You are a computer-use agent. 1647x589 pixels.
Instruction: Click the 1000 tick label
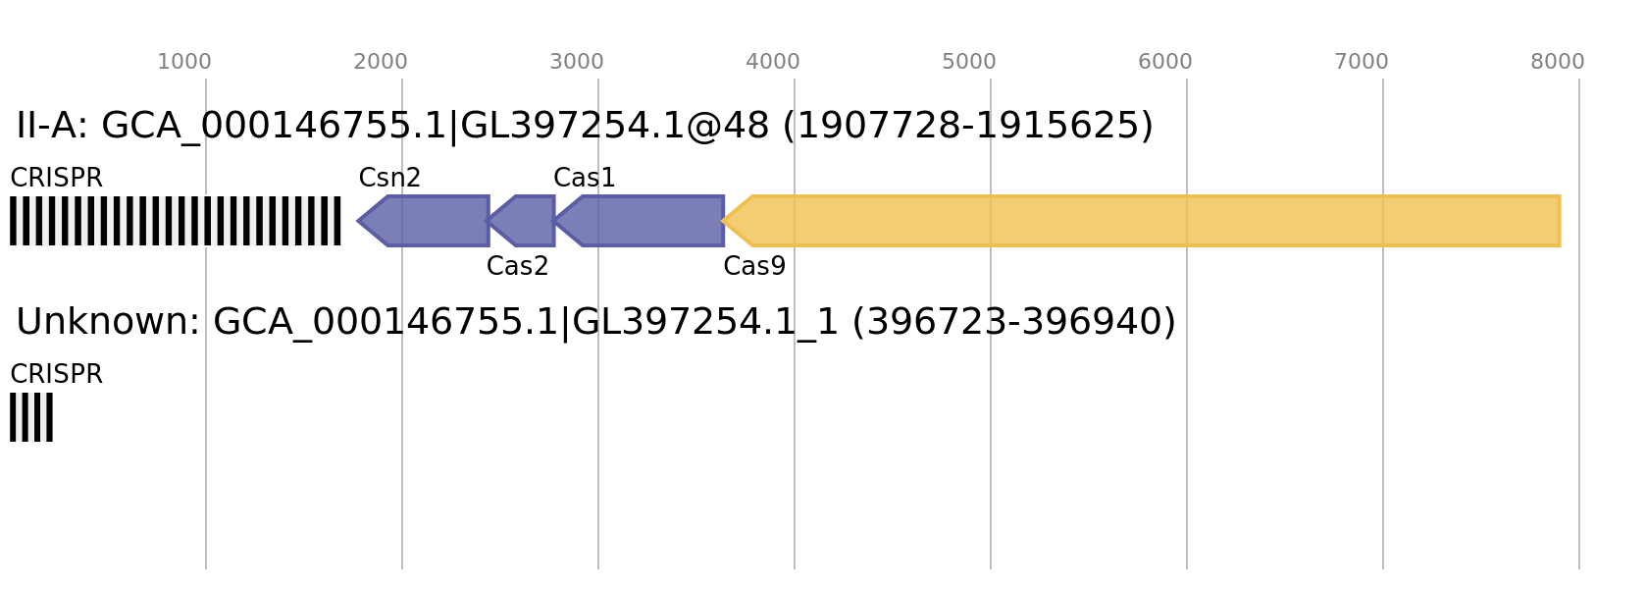[184, 62]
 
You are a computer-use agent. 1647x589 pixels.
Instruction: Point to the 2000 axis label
[381, 62]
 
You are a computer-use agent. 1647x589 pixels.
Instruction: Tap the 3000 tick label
[577, 62]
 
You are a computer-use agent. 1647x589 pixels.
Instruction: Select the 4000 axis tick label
[773, 62]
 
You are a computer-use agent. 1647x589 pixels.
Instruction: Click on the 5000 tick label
[969, 62]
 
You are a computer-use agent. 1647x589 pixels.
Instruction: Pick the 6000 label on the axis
[1165, 62]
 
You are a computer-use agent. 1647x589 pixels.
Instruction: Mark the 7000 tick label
[1362, 62]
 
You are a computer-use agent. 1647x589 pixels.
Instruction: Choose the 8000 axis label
[1558, 62]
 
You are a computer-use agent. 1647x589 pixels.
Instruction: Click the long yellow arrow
[1148, 221]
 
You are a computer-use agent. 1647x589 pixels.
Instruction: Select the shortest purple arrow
[525, 221]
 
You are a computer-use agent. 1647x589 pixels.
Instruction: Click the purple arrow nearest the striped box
[427, 221]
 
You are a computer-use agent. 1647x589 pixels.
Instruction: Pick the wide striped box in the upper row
[176, 221]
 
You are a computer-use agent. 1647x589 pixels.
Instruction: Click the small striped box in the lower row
[31, 417]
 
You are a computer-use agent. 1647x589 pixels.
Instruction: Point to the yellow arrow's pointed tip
[724, 221]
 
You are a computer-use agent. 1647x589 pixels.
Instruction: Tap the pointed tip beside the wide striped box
[358, 221]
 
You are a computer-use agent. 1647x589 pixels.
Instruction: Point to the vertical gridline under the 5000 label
[991, 442]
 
